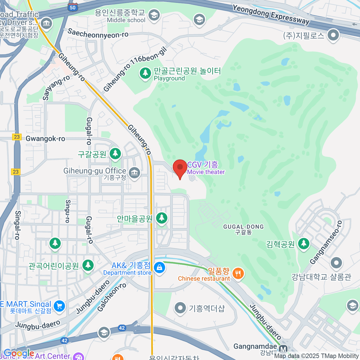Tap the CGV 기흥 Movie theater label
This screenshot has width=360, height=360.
tap(206, 168)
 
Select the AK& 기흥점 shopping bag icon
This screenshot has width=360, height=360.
tap(159, 267)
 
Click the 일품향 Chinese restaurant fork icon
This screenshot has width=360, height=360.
tap(238, 274)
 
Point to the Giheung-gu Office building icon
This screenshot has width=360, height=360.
tap(134, 173)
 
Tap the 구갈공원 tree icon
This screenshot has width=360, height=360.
tap(115, 154)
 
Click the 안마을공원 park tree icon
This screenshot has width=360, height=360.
tap(162, 218)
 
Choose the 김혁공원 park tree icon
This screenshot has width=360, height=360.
tap(304, 244)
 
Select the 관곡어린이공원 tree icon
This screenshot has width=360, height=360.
tap(88, 265)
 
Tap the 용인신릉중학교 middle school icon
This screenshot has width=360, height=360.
tap(154, 15)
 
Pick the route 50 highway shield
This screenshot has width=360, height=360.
tap(73, 7)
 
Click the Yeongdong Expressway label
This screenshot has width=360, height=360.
tap(271, 14)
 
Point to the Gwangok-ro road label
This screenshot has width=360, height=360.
tap(45, 139)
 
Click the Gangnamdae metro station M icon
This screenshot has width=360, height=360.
tap(283, 349)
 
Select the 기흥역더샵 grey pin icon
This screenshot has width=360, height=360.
tap(180, 308)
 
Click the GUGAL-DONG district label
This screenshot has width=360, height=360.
tap(244, 229)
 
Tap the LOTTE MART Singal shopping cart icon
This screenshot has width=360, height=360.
tap(59, 306)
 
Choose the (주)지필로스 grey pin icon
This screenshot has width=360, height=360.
tap(333, 35)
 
